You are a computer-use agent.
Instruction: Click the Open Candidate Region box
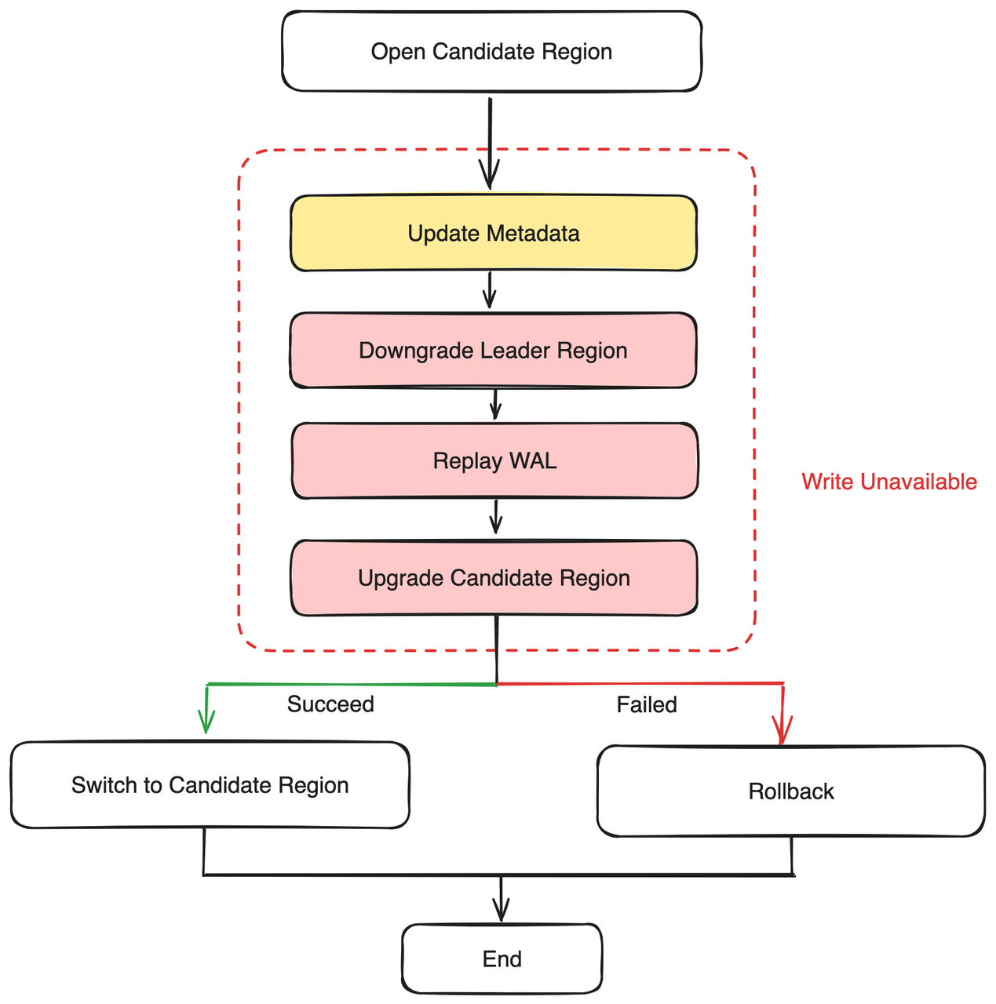[491, 52]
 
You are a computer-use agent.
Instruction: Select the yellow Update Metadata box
[494, 234]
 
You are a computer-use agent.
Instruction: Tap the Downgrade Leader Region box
[493, 351]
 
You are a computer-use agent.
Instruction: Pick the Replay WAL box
[494, 460]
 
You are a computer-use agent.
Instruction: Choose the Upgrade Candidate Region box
[494, 578]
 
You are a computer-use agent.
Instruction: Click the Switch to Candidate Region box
[210, 785]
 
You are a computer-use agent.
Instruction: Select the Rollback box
[790, 791]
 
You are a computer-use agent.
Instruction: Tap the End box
[502, 959]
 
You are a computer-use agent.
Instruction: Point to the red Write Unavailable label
[888, 482]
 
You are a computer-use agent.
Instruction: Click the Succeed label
[330, 704]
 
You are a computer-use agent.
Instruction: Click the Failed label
[646, 705]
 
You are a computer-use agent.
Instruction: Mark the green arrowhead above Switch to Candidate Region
[206, 723]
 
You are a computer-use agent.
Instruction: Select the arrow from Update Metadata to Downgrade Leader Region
[490, 291]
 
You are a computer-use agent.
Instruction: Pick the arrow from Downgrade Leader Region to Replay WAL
[494, 405]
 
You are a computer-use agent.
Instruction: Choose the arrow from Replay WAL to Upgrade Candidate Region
[495, 518]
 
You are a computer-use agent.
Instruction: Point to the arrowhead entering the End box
[501, 911]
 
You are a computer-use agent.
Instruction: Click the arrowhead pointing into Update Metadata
[490, 177]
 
